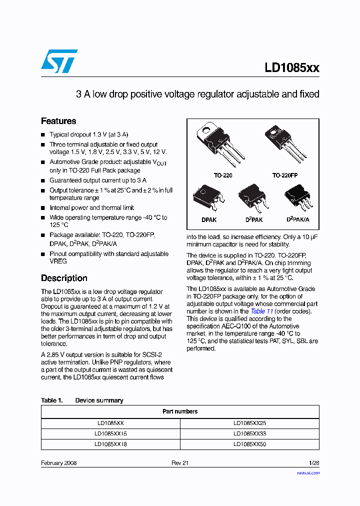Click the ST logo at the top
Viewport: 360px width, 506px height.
pyautogui.click(x=59, y=61)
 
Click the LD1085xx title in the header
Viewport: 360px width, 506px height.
pyautogui.click(x=292, y=68)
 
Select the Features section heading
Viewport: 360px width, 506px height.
pyautogui.click(x=58, y=121)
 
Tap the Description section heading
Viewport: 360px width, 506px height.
pyautogui.click(x=64, y=278)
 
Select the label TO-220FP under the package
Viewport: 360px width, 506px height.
pyautogui.click(x=285, y=176)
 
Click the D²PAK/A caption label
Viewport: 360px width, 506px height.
pyautogui.click(x=298, y=219)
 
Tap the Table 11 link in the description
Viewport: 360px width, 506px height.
pyautogui.click(x=261, y=311)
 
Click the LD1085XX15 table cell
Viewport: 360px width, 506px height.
pyautogui.click(x=110, y=433)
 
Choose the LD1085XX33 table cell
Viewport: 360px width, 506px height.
pyautogui.click(x=249, y=433)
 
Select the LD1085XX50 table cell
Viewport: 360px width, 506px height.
pyautogui.click(x=249, y=444)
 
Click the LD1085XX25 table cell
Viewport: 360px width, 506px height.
pyautogui.click(x=249, y=423)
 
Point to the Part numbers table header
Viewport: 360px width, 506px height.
pyautogui.click(x=180, y=411)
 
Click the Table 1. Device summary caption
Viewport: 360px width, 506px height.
pyautogui.click(x=82, y=400)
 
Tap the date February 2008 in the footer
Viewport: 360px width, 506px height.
pyautogui.click(x=58, y=463)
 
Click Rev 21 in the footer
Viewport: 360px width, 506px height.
pyautogui.click(x=180, y=463)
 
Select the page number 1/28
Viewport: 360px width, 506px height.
pyautogui.click(x=313, y=463)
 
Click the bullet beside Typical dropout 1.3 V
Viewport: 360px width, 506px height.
pyautogui.click(x=43, y=135)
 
